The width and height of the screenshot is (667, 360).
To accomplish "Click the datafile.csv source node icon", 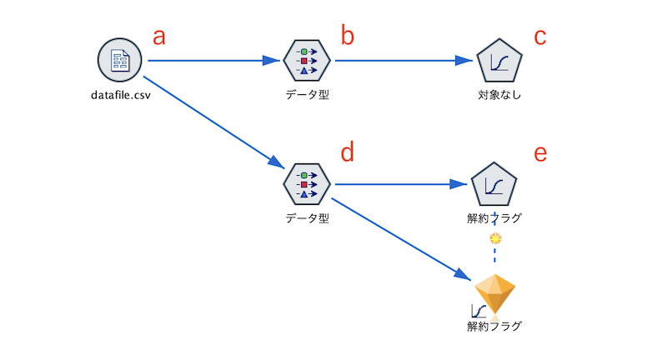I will [120, 61].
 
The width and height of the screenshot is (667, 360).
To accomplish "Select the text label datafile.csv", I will [120, 95].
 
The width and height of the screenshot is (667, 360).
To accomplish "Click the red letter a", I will [158, 37].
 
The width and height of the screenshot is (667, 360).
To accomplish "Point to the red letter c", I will [539, 37].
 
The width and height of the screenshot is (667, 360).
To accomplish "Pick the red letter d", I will [348, 152].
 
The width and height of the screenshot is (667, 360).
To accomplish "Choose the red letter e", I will [540, 153].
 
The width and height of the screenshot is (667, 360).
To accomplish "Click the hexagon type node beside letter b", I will [307, 61].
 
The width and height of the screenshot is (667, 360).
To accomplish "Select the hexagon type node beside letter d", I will [307, 185].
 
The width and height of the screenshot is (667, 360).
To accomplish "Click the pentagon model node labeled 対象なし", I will [499, 62].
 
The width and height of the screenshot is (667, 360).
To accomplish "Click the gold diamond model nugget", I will [495, 292].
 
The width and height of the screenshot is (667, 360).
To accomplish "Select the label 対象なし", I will [499, 95].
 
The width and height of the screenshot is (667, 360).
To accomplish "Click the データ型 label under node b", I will [307, 95].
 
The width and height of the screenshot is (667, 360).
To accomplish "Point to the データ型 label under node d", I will [307, 219].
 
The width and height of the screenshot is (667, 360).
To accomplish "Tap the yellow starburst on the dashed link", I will [495, 238].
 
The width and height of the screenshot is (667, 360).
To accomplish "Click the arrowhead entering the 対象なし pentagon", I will [464, 61].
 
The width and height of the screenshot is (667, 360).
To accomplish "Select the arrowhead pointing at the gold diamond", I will [464, 274].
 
